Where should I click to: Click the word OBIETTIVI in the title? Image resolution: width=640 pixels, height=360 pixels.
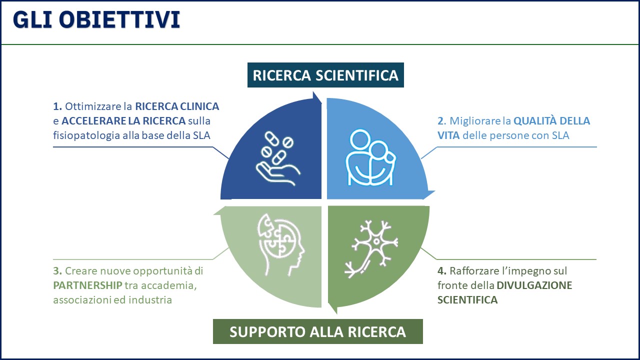pyautogui.click(x=119, y=19)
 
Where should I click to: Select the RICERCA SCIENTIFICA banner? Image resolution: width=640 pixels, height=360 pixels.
pyautogui.click(x=325, y=75)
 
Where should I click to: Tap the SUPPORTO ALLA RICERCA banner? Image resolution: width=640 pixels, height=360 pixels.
pyautogui.click(x=317, y=331)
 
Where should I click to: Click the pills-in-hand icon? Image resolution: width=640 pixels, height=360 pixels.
pyautogui.click(x=277, y=158)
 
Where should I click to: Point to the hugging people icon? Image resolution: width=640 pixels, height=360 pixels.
pyautogui.click(x=371, y=157)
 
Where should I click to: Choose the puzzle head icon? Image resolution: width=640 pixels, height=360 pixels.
pyautogui.click(x=281, y=244)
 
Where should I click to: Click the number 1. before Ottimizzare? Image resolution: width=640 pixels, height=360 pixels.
pyautogui.click(x=57, y=106)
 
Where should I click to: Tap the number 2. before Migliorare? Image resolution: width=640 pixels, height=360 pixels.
pyautogui.click(x=441, y=121)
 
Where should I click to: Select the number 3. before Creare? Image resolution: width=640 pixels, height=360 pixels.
pyautogui.click(x=57, y=271)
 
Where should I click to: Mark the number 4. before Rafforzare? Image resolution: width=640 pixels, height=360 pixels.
pyautogui.click(x=441, y=271)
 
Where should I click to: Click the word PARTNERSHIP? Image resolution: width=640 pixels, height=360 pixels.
pyautogui.click(x=87, y=285)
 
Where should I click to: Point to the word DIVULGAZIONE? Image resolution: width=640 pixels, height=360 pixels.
pyautogui.click(x=534, y=285)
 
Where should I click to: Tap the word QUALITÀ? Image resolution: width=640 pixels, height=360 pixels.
pyautogui.click(x=535, y=120)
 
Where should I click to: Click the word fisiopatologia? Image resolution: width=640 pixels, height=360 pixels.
pyautogui.click(x=86, y=135)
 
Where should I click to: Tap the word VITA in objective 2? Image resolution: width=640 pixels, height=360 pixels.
pyautogui.click(x=448, y=135)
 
